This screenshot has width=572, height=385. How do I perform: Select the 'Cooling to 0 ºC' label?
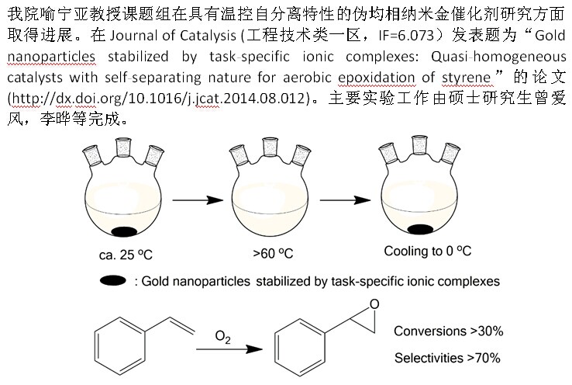pyautogui.click(x=428, y=251)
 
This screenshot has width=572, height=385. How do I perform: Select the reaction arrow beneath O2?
pyautogui.click(x=228, y=349)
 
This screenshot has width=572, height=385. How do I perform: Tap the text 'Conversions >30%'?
pyautogui.click(x=449, y=331)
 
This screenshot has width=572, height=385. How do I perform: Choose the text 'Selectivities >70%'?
pyautogui.click(x=446, y=358)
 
